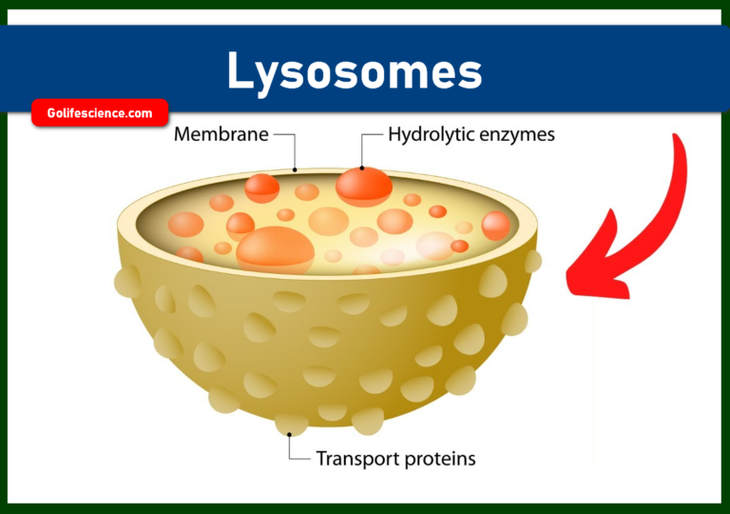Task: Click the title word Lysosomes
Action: coord(355,72)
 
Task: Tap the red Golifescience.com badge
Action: coord(100,113)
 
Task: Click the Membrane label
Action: coord(221,135)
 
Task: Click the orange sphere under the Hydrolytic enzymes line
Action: coord(364,184)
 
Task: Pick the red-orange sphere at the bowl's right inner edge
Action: coord(495,226)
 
